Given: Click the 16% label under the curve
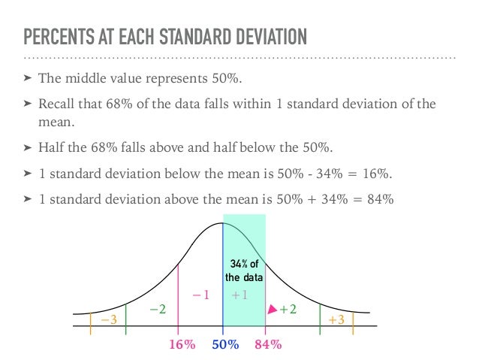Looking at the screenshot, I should [182, 345].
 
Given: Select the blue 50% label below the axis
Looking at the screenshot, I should [224, 345].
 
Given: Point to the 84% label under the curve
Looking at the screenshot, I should [268, 345].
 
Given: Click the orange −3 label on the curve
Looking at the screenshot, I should [109, 320].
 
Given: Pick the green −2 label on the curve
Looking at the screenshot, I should [157, 309].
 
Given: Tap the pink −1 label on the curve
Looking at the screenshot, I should [200, 295].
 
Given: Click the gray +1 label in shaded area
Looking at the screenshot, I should [240, 295].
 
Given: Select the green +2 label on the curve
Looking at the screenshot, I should [288, 309].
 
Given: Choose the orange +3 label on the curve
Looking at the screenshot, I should [336, 320].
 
